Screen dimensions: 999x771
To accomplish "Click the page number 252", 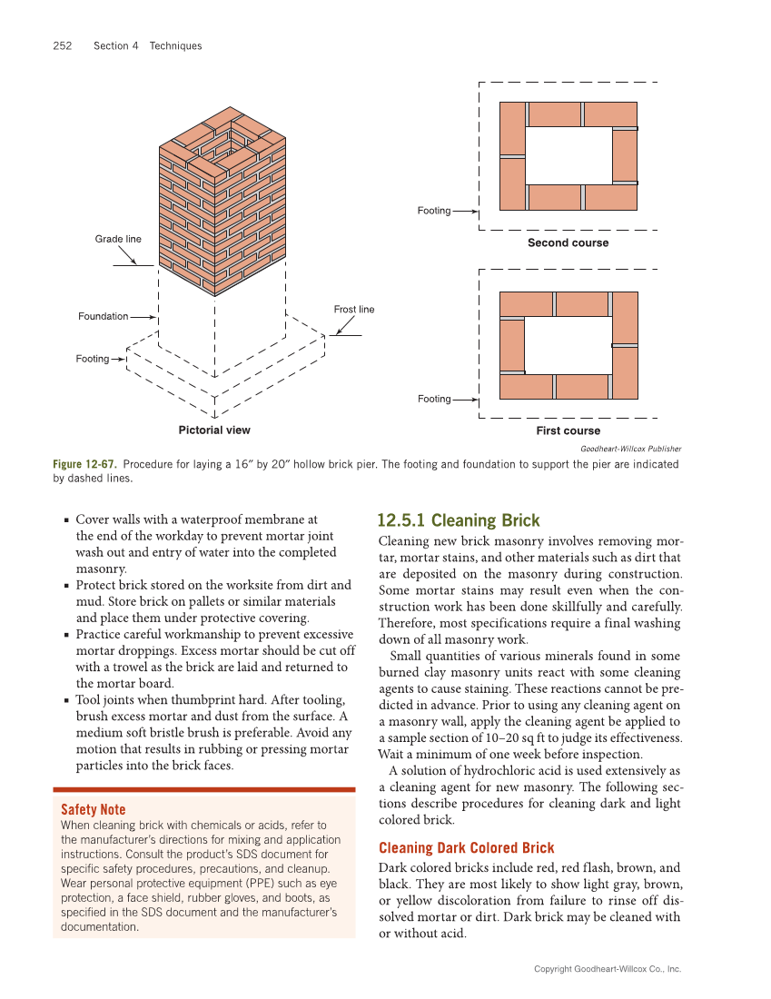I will click(x=63, y=46).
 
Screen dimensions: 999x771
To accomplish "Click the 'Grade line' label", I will click(x=118, y=239).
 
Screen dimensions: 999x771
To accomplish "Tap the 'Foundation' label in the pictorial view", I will click(x=103, y=316).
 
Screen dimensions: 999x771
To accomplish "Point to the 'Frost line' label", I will click(x=353, y=310).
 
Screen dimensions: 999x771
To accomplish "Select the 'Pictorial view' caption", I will click(x=214, y=430).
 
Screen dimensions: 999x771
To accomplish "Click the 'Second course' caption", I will click(x=568, y=243).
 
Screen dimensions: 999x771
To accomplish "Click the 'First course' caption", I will click(x=568, y=430).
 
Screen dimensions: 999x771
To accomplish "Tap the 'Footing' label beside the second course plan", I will click(x=433, y=211).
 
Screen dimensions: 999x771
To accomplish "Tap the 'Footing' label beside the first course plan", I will click(x=433, y=399).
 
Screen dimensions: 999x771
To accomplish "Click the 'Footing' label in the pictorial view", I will click(x=92, y=359).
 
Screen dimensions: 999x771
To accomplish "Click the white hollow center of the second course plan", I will click(x=568, y=155).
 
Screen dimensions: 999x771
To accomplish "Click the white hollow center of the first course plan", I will click(x=568, y=344).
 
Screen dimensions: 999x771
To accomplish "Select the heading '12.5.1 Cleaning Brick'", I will click(x=458, y=520).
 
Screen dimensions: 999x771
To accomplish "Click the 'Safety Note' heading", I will click(x=93, y=809).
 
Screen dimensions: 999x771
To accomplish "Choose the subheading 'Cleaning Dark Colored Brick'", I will click(x=466, y=847).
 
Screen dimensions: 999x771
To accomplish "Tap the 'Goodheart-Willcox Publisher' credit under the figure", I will click(x=630, y=449).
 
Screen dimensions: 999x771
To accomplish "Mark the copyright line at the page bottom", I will click(x=607, y=969).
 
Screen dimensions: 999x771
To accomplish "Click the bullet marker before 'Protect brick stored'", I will click(x=67, y=587).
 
